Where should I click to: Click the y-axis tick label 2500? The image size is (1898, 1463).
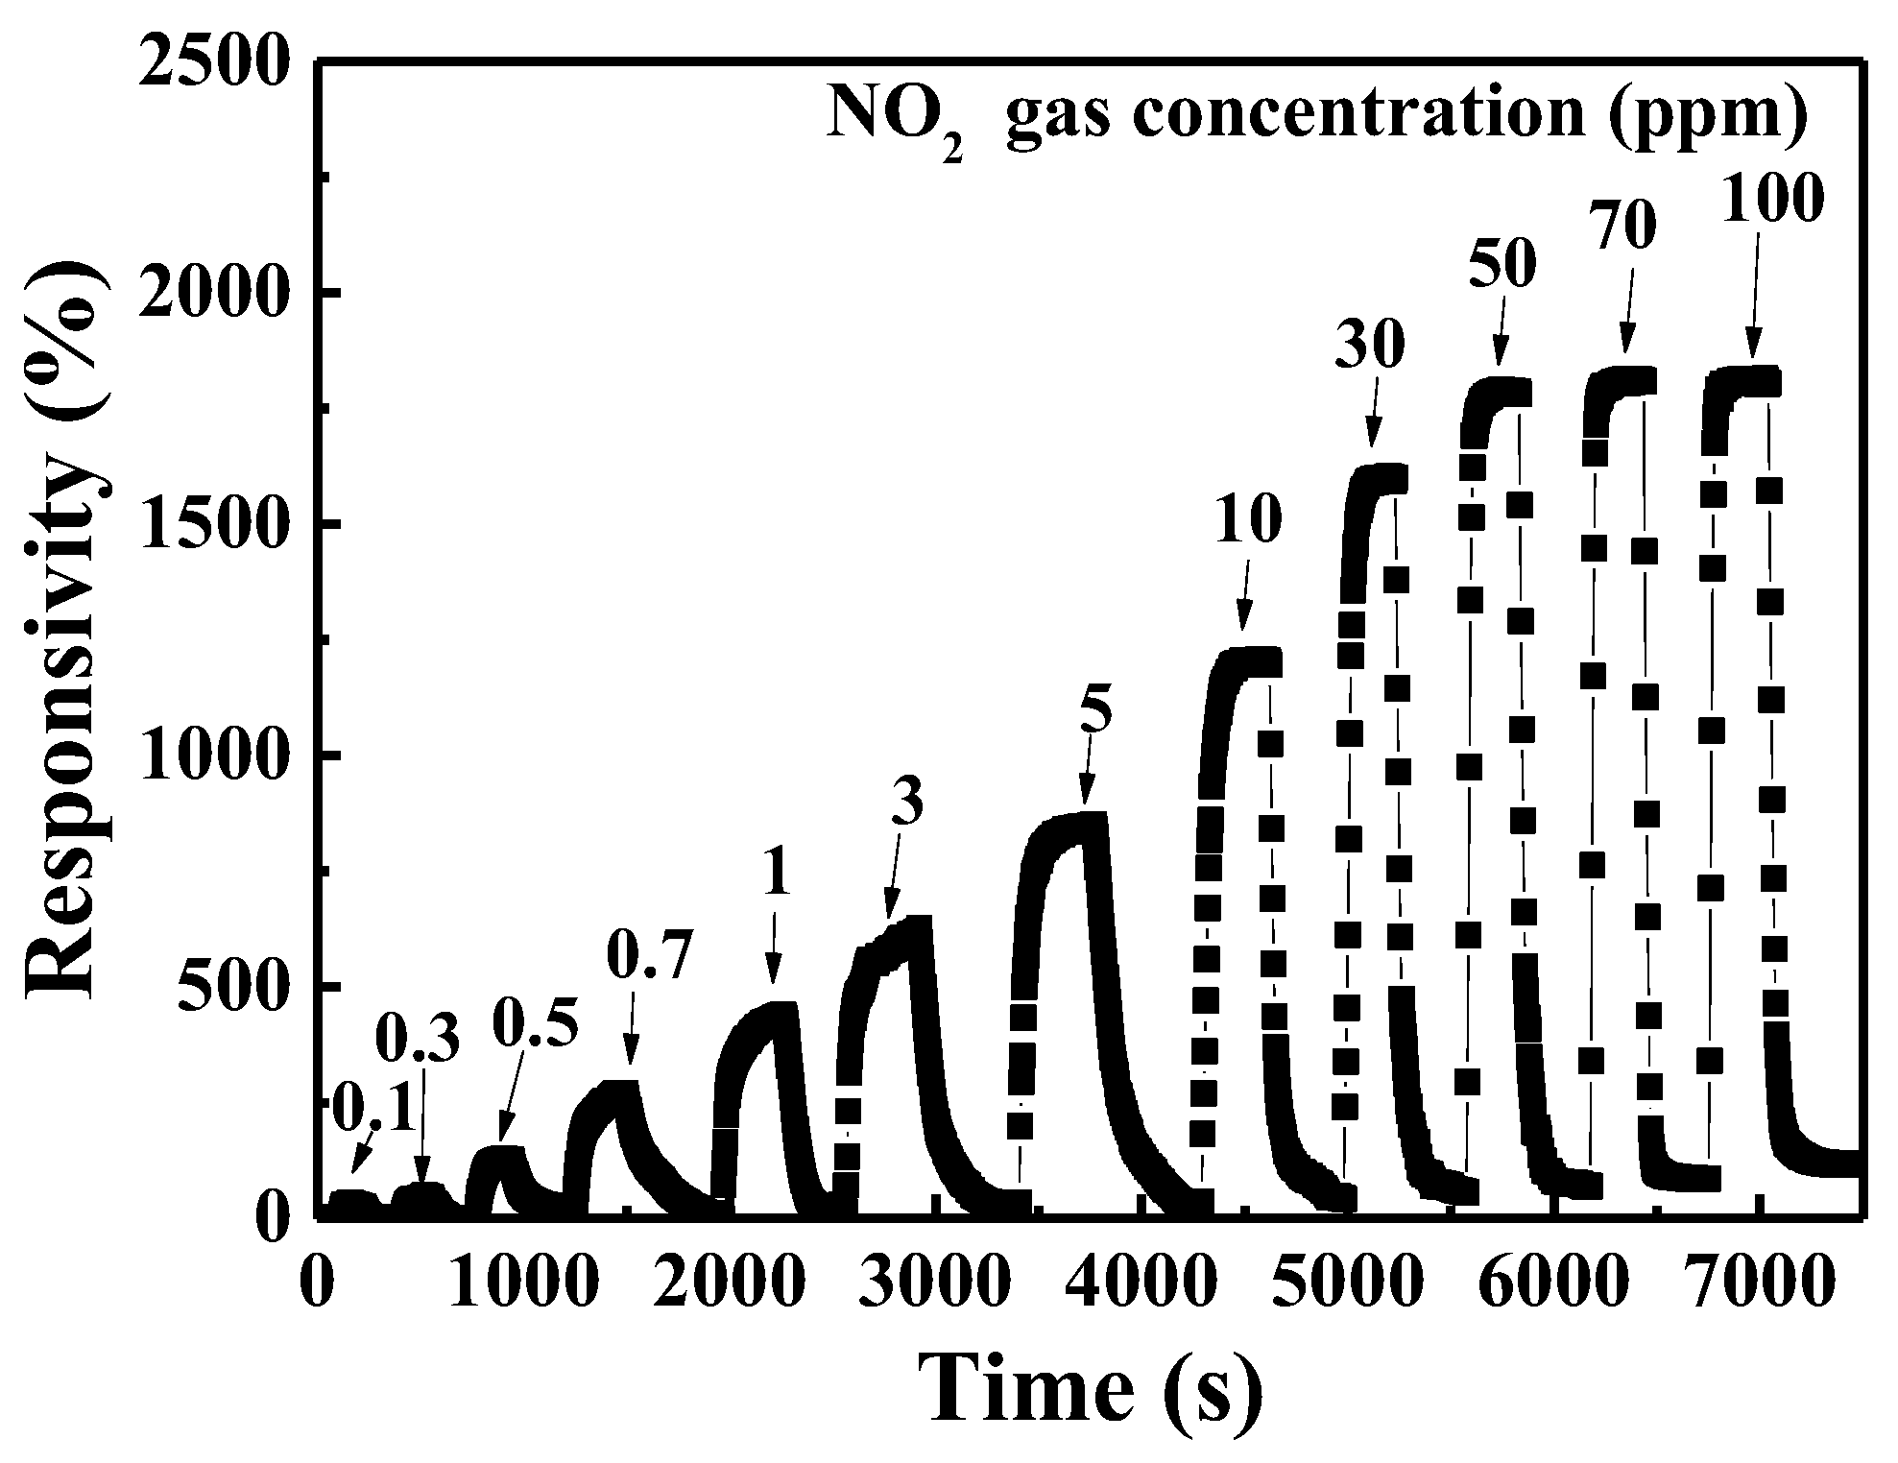pyautogui.click(x=214, y=61)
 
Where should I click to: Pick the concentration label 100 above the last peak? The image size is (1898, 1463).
pyautogui.click(x=1771, y=203)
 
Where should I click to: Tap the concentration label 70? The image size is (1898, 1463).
pyautogui.click(x=1631, y=228)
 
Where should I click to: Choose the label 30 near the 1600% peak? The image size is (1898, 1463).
pyautogui.click(x=1369, y=348)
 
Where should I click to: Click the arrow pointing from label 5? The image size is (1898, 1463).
pyautogui.click(x=1086, y=774)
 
